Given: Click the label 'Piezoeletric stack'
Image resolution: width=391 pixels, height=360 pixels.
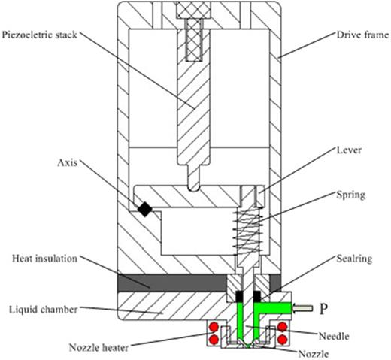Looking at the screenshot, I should pyautogui.click(x=45, y=35).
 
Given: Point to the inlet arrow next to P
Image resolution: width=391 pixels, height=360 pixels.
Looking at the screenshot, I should pyautogui.click(x=300, y=307).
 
